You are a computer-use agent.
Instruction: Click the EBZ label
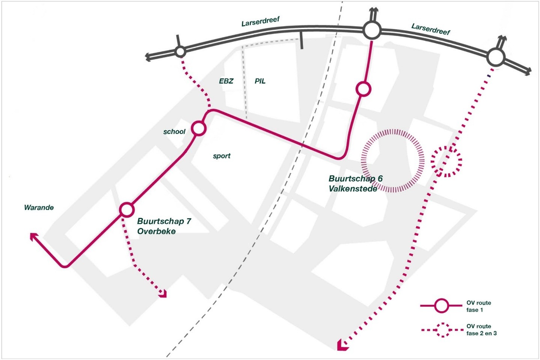pyautogui.click(x=226, y=81)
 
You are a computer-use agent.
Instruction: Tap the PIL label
pyautogui.click(x=260, y=81)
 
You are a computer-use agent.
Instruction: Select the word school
pyautogui.click(x=174, y=131)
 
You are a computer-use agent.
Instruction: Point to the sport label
pyautogui.click(x=222, y=156)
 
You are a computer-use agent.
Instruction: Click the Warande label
pyautogui.click(x=39, y=208)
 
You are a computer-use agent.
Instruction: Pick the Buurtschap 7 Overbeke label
pyautogui.click(x=164, y=226)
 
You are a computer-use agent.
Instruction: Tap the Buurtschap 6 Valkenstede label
pyautogui.click(x=355, y=184)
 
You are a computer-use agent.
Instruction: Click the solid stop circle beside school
pyautogui.click(x=199, y=128)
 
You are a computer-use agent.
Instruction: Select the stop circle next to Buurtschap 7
pyautogui.click(x=127, y=209)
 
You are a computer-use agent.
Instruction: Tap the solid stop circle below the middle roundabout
pyautogui.click(x=364, y=89)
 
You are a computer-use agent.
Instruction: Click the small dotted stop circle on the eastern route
pyautogui.click(x=446, y=161)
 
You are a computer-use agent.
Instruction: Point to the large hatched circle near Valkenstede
pyautogui.click(x=393, y=161)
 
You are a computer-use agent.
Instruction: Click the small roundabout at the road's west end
pyautogui.click(x=180, y=51)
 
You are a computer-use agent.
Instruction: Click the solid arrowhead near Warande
pyautogui.click(x=34, y=236)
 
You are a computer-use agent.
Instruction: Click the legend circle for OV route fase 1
pyautogui.click(x=442, y=306)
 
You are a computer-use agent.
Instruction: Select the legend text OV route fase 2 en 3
pyautogui.click(x=481, y=330)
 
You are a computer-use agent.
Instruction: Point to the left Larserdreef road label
pyautogui.click(x=260, y=21)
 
